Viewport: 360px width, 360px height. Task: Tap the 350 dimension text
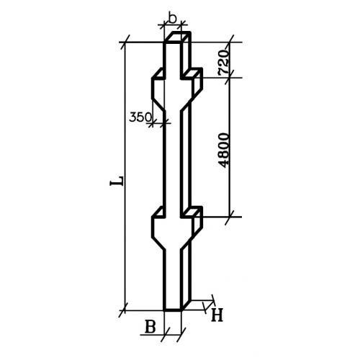tap(140, 117)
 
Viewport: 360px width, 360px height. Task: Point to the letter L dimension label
tap(117, 181)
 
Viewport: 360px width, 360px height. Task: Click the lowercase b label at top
tap(172, 19)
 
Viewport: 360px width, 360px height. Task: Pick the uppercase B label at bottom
tap(150, 327)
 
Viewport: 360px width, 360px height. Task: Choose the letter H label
tap(217, 315)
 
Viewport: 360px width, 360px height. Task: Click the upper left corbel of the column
tap(158, 89)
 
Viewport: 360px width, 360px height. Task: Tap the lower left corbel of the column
tap(158, 228)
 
